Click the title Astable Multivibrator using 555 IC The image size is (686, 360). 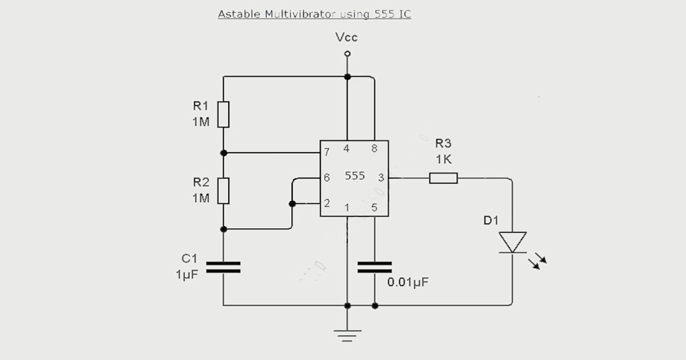pos(314,14)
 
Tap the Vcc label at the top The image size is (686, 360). pos(346,38)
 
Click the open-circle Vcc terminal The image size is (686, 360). pos(347,54)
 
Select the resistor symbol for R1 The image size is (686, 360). pos(224,114)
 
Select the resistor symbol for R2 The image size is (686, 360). pos(224,190)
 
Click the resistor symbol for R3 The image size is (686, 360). pos(444,178)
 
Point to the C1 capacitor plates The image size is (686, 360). pos(223,267)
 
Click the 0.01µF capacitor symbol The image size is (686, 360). pos(374,267)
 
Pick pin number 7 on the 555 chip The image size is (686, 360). pos(326,153)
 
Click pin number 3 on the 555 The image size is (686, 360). pos(381,178)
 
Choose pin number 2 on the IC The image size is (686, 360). pos(326,203)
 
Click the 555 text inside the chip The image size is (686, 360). pos(354,176)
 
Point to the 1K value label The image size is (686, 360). pos(444,160)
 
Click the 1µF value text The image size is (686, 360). pos(187,275)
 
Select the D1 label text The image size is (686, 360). pos(491,221)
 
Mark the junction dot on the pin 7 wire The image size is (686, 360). pos(224,153)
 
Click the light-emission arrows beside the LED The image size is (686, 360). pos(537,262)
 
